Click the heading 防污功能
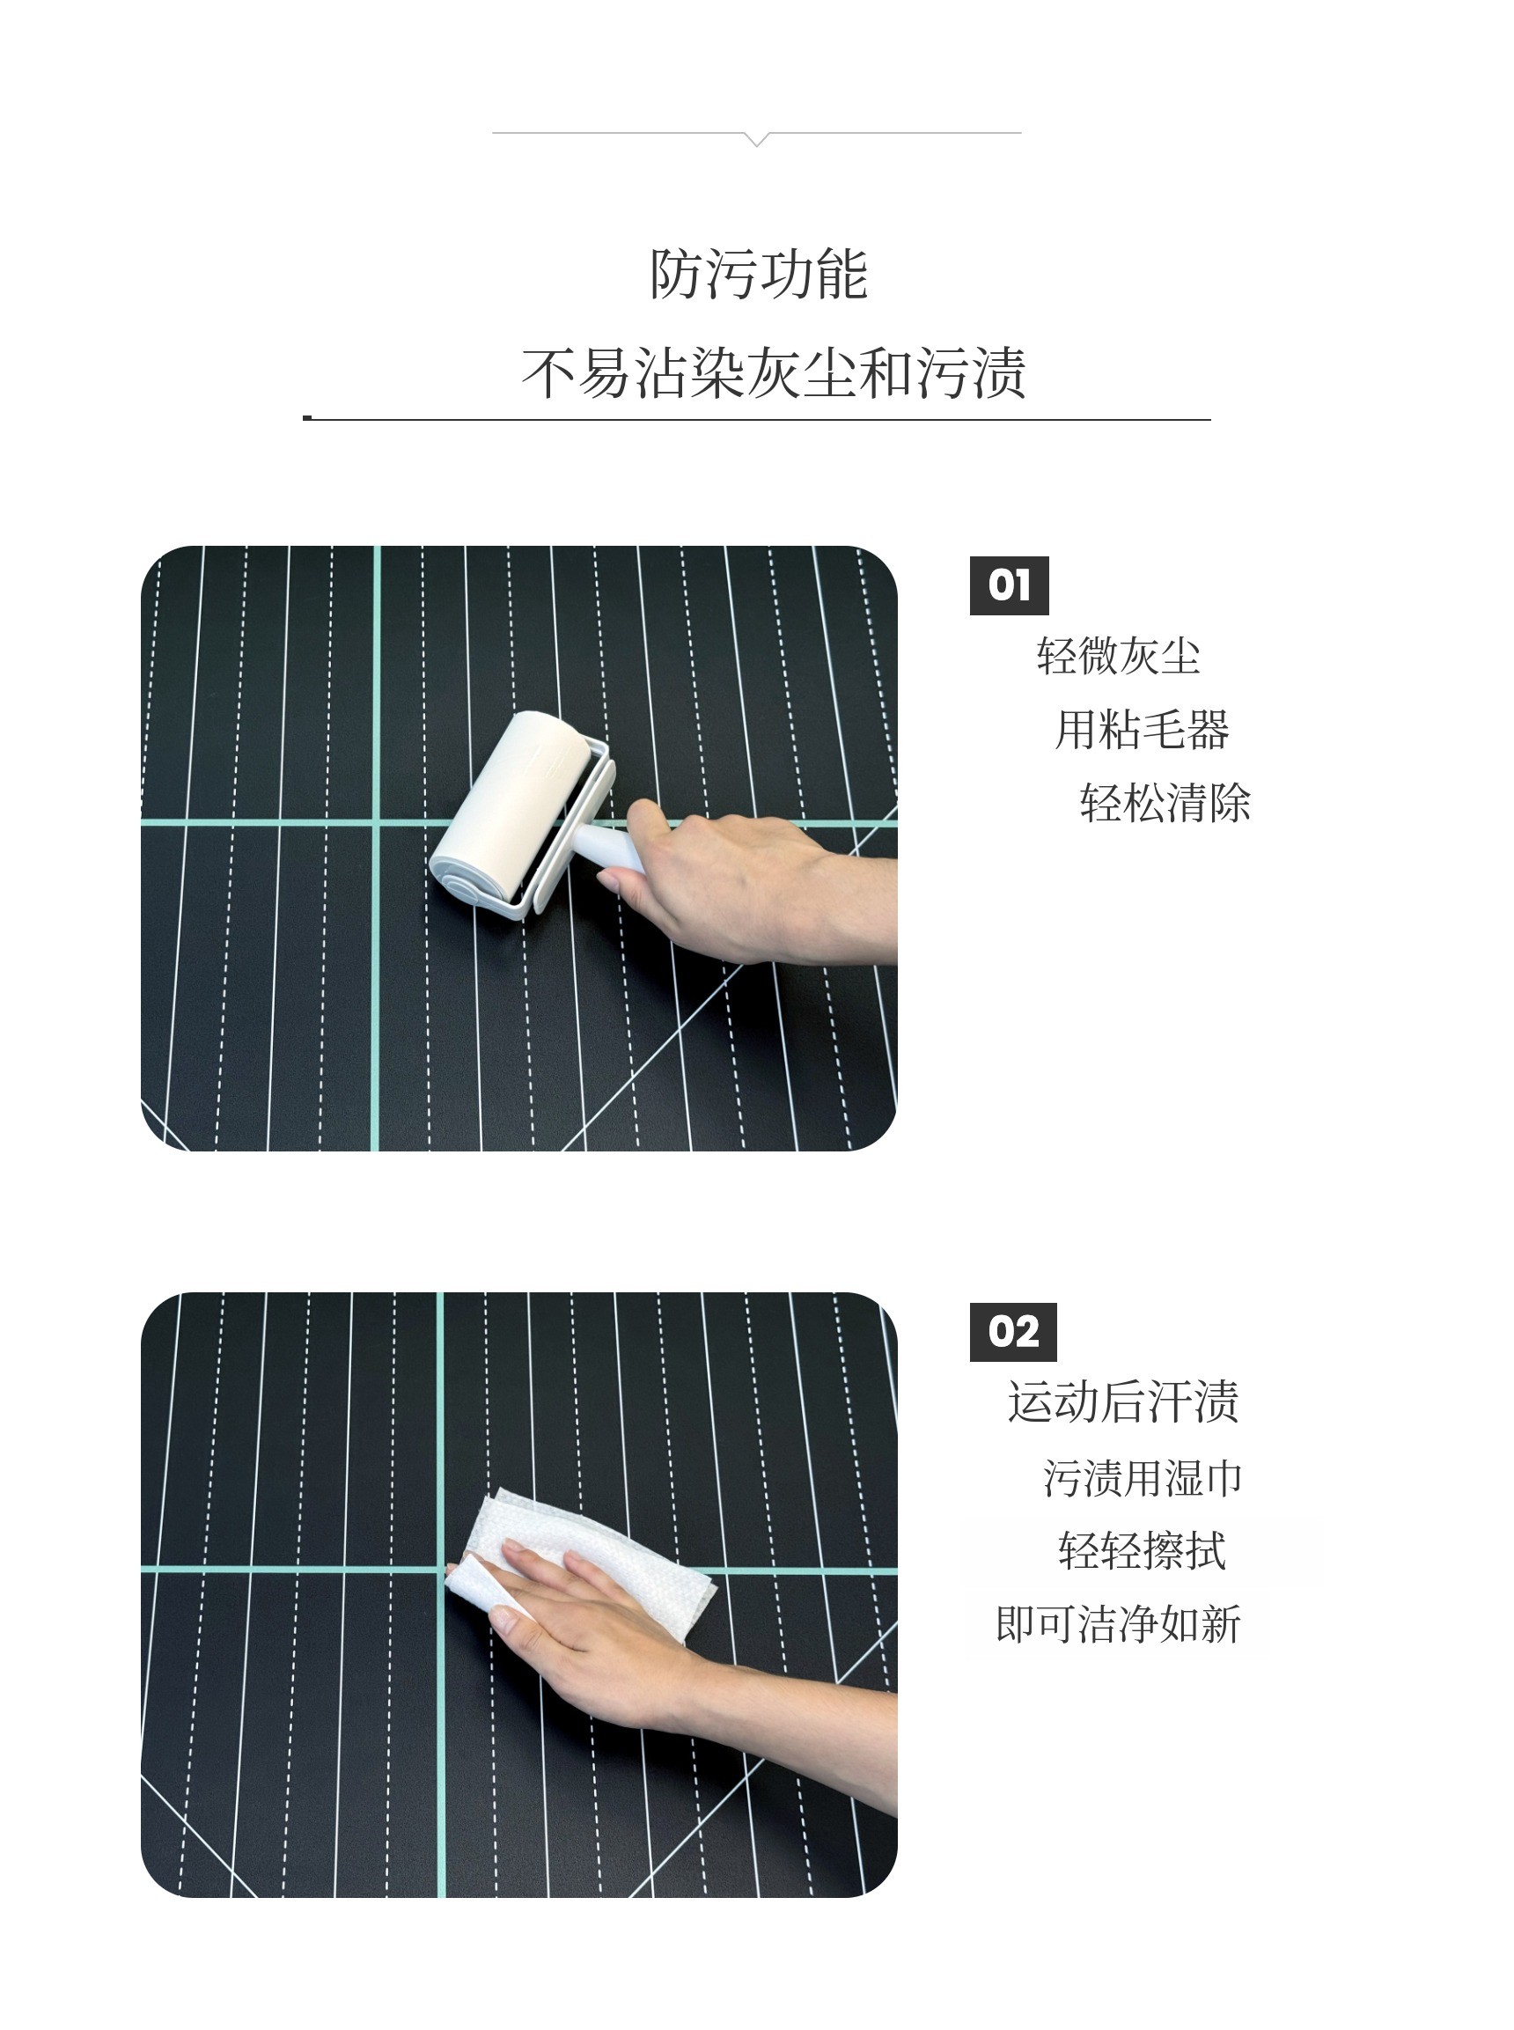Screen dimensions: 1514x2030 [x=758, y=274]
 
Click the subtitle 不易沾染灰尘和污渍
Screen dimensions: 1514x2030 [x=774, y=373]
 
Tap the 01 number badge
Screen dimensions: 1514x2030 [x=1009, y=585]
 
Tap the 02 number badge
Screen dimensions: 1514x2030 [x=1012, y=1333]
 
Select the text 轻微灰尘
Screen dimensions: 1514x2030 [x=1118, y=656]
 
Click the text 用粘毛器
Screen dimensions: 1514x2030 [x=1142, y=730]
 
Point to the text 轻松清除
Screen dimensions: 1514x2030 [x=1165, y=803]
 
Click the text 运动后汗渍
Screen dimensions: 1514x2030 [x=1122, y=1402]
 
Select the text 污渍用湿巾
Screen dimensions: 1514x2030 [x=1142, y=1478]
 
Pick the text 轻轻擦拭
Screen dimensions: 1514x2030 [x=1142, y=1551]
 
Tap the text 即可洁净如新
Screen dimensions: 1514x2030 [x=1118, y=1624]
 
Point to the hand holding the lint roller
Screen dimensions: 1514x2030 [x=733, y=885]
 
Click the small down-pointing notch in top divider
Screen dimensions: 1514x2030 [x=757, y=139]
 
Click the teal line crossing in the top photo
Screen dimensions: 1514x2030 [x=376, y=823]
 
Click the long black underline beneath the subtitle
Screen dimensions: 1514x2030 [x=757, y=419]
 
